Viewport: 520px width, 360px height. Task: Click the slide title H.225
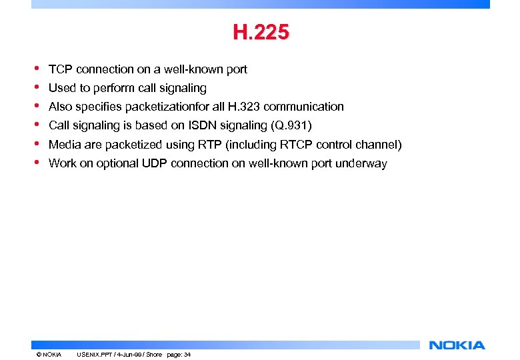pos(261,32)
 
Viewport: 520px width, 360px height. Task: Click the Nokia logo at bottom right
pos(457,345)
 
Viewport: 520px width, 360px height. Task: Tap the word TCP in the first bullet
pos(61,69)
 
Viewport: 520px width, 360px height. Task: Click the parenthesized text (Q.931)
pos(291,125)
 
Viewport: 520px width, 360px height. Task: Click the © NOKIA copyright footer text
pos(49,354)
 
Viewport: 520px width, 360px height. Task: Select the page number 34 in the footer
pos(187,354)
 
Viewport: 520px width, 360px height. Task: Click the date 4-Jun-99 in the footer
pos(126,354)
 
